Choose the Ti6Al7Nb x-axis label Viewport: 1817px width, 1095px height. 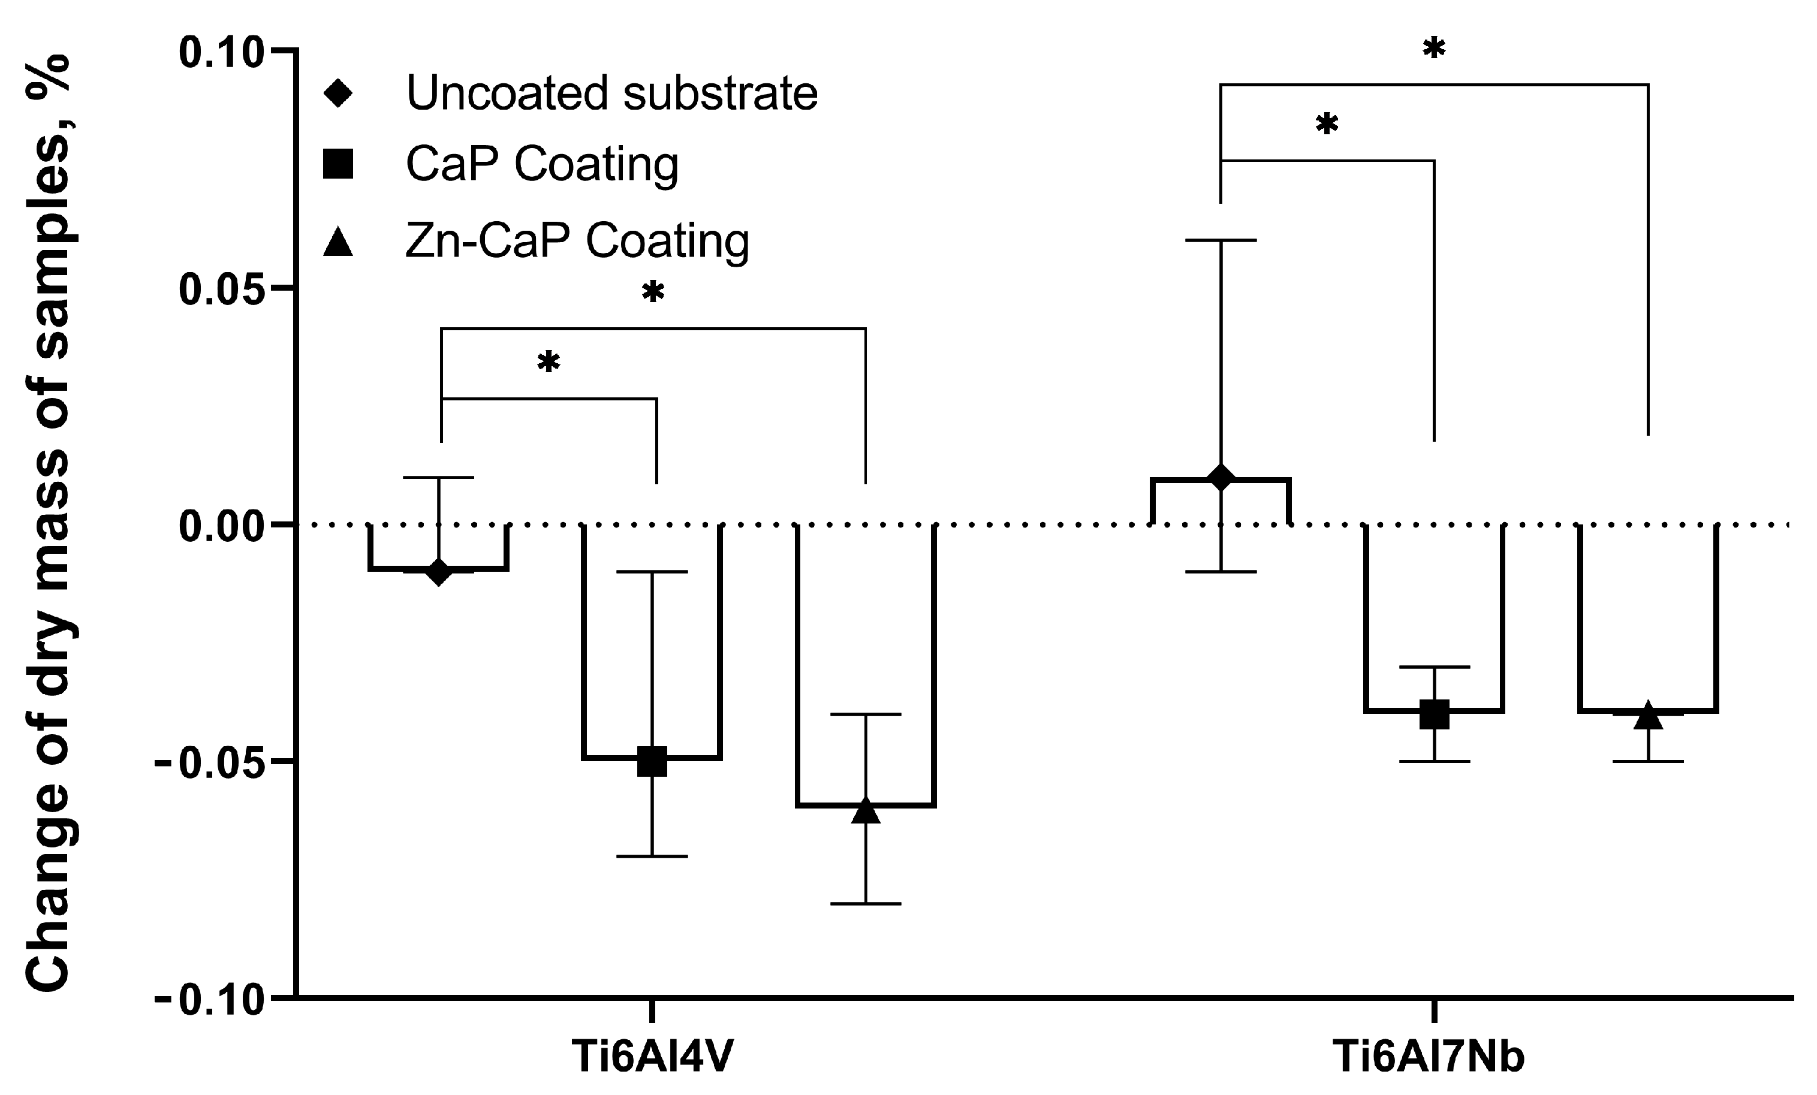(x=1435, y=1057)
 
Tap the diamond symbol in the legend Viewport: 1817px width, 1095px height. (x=339, y=93)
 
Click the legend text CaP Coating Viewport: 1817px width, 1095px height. (x=542, y=164)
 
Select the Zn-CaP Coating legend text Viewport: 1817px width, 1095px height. (x=577, y=240)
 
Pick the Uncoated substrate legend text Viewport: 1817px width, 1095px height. (x=612, y=93)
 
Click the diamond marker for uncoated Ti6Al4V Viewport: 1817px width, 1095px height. (x=439, y=571)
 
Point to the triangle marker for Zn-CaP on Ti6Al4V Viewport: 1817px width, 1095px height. (x=865, y=810)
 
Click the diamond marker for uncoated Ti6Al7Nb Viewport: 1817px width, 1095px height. (x=1221, y=478)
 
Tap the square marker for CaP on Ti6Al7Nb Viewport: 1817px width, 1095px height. (x=1435, y=714)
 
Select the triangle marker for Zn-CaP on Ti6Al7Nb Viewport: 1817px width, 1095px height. (x=1647, y=715)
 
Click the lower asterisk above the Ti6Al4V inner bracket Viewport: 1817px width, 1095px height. (x=549, y=363)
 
